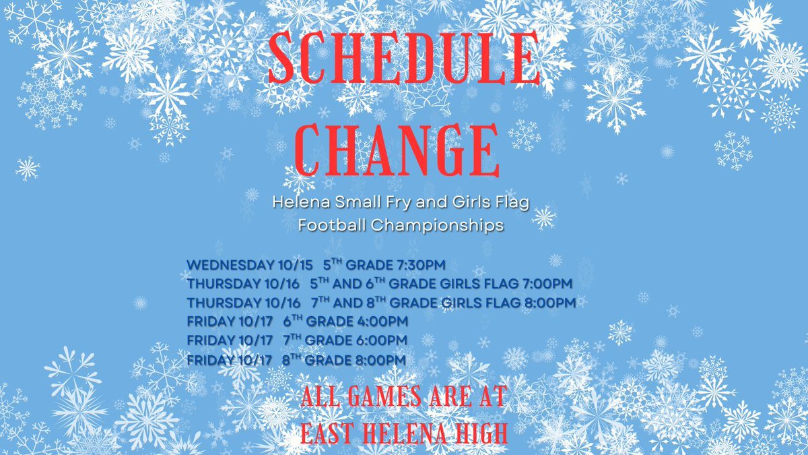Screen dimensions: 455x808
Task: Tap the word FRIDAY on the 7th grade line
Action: [208, 340]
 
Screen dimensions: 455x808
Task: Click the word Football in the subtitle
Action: [330, 226]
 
